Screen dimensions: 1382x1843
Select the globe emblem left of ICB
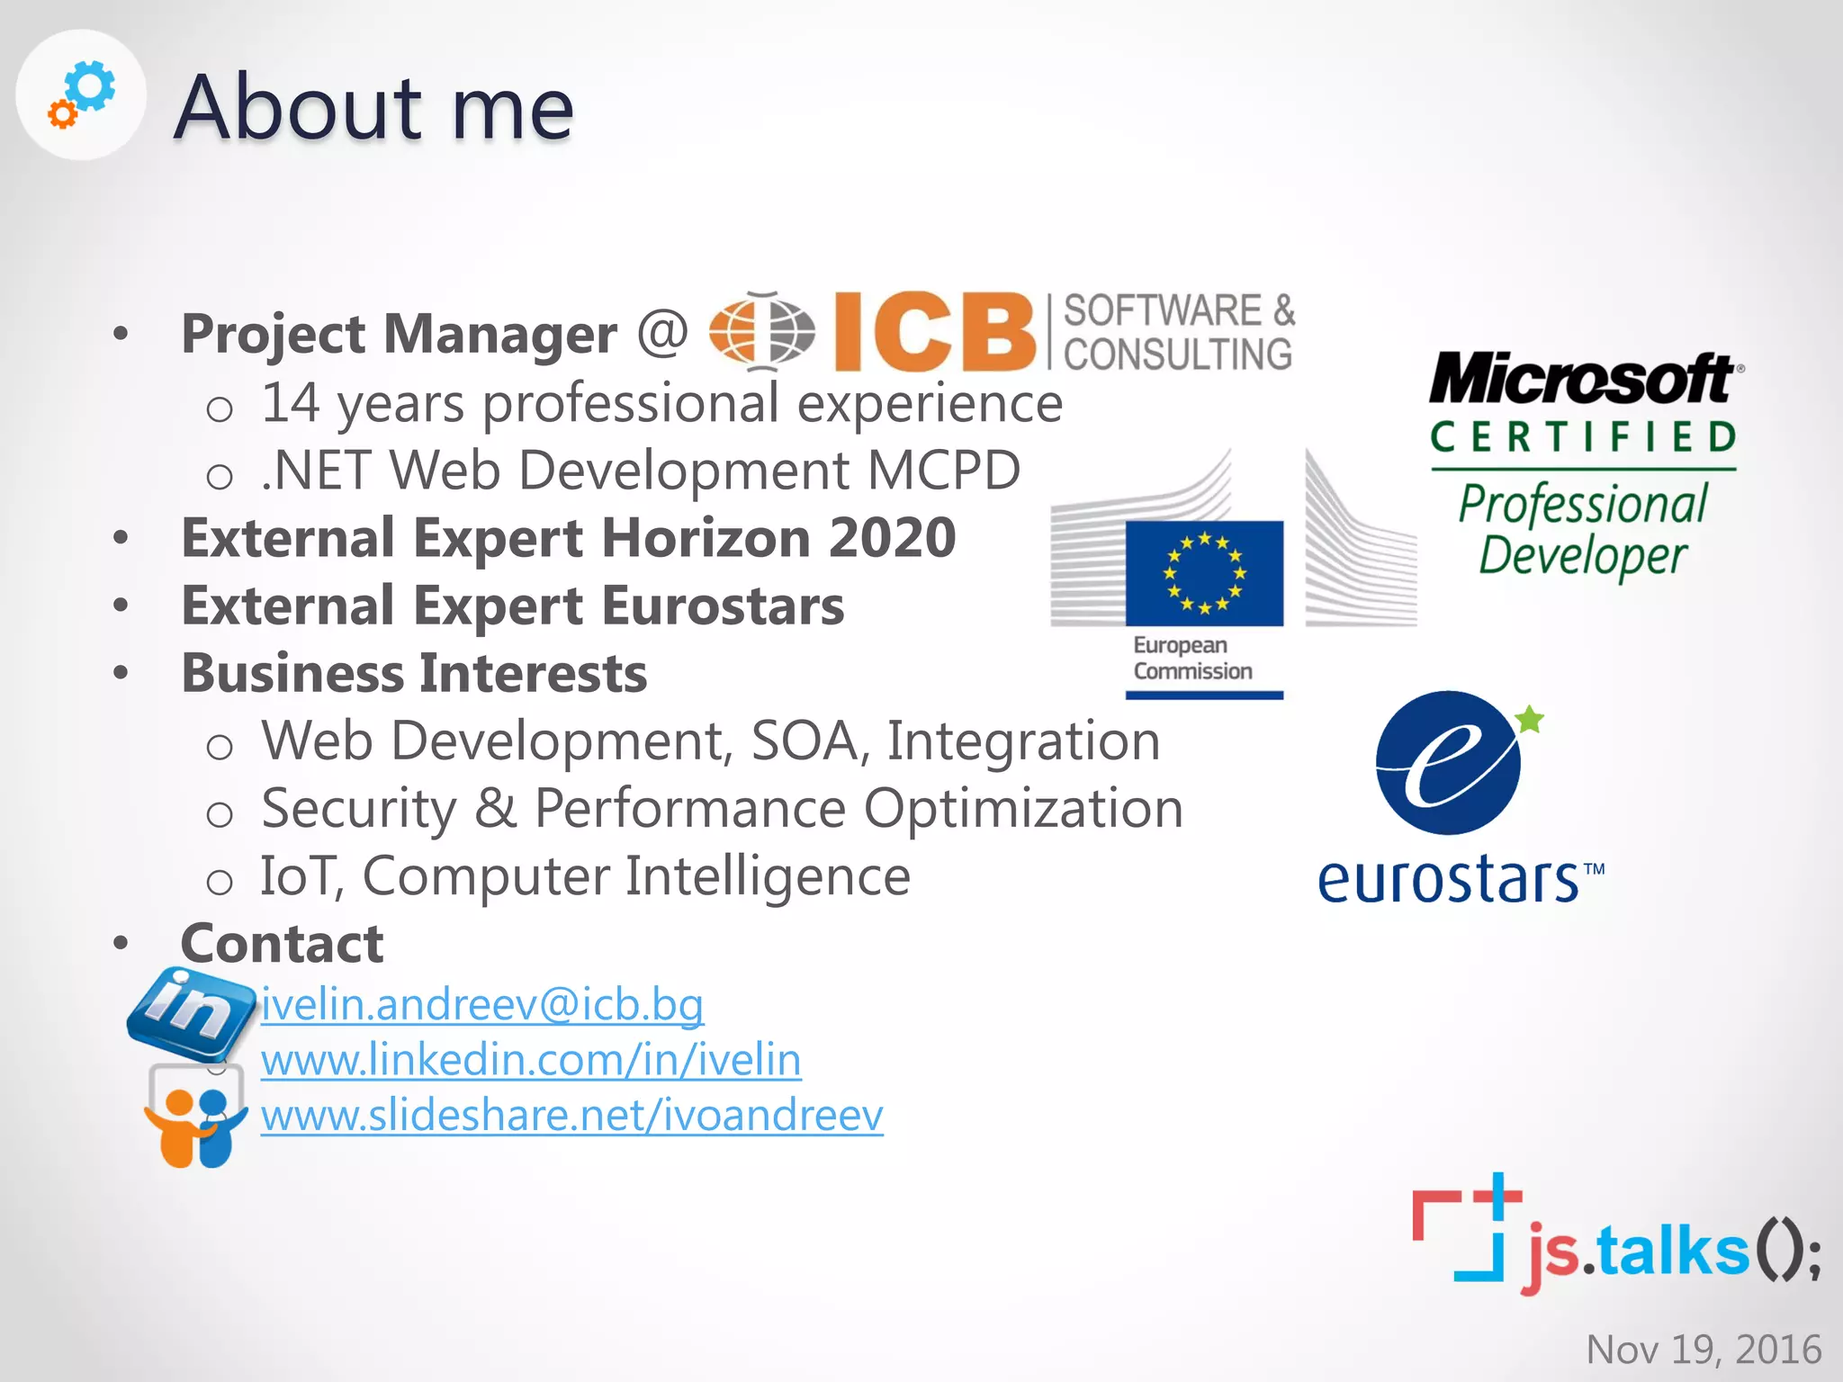coord(762,331)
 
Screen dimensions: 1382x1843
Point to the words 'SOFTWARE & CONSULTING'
coord(1179,332)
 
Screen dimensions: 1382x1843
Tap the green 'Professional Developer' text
coord(1582,529)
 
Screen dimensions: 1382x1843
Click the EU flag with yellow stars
coord(1204,573)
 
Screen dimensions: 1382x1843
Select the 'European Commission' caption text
coord(1192,659)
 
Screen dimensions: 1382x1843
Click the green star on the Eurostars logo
coord(1529,720)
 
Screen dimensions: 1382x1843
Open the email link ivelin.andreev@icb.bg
coord(482,1004)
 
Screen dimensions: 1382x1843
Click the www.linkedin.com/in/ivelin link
coord(531,1060)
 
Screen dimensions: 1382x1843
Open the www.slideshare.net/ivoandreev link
coord(572,1116)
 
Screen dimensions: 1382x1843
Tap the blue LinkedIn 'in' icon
coord(191,1010)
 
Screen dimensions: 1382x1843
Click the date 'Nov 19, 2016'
coord(1704,1349)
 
